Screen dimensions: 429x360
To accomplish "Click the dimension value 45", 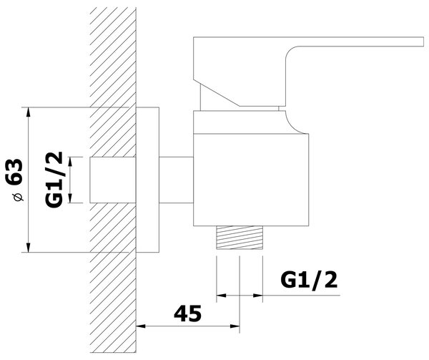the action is (187, 313).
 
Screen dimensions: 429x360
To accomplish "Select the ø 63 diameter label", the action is (14, 180).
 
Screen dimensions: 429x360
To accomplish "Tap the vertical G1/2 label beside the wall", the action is (54, 180).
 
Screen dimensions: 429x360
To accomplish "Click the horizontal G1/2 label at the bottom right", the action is (309, 281).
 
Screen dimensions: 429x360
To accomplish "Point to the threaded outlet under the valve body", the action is (240, 238).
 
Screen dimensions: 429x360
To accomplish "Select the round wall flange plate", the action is (147, 180).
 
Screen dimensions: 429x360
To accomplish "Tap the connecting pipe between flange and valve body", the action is (176, 180).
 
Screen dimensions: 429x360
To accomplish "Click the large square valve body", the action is (251, 180).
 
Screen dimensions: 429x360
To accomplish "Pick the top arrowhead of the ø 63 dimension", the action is (28, 112).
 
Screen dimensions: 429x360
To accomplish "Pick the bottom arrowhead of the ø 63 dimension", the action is (28, 247).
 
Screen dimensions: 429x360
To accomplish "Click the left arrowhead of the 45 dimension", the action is (141, 326).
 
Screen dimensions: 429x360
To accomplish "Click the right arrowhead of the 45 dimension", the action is (235, 326).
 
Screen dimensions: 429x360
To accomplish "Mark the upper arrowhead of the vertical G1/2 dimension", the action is (70, 162).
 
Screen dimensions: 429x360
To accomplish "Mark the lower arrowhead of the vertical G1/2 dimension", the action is (70, 198).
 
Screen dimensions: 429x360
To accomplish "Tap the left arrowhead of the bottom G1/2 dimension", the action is (222, 296).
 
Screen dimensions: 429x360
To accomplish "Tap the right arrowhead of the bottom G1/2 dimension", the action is (258, 296).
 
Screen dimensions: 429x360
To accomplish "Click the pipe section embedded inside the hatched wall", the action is (113, 180).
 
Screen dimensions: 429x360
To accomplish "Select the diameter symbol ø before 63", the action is (19, 197).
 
